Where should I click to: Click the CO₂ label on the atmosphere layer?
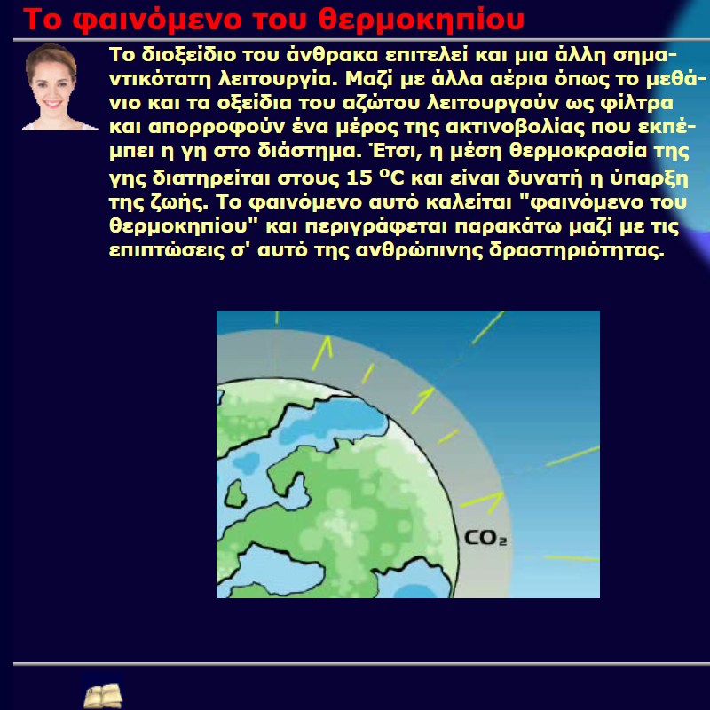(x=485, y=538)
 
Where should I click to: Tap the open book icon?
(x=103, y=695)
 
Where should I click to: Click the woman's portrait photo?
(x=55, y=87)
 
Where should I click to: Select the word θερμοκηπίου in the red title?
(x=421, y=20)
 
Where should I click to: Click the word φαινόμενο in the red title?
(x=158, y=20)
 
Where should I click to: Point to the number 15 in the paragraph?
(x=359, y=178)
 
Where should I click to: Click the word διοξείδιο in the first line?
(x=189, y=55)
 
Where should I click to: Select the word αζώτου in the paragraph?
(x=382, y=103)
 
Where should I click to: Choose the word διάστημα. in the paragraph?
(x=310, y=151)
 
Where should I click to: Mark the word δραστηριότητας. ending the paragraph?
(x=576, y=251)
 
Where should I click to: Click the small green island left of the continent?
(x=235, y=493)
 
